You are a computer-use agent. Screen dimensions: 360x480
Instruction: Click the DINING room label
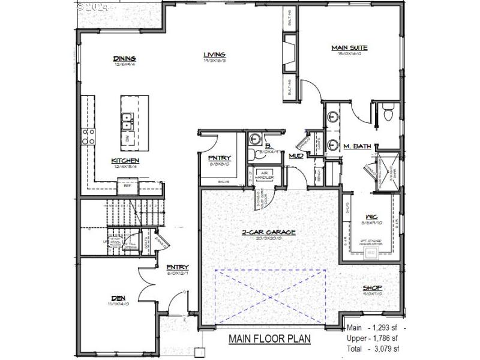click(x=125, y=58)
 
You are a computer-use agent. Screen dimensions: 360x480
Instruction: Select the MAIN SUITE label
click(x=349, y=47)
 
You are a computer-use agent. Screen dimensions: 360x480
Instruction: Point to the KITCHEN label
click(x=125, y=160)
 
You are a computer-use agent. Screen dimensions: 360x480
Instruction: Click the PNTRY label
click(x=220, y=158)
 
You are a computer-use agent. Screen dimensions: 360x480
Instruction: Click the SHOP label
click(x=372, y=288)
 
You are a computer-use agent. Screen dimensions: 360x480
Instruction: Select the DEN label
click(x=118, y=298)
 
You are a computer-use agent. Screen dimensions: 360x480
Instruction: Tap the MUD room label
click(x=296, y=156)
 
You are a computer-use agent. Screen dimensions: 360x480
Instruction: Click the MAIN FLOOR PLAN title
click(x=269, y=339)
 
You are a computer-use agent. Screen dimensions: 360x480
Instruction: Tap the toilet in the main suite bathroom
click(x=388, y=111)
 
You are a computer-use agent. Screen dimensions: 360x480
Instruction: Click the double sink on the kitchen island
click(x=127, y=122)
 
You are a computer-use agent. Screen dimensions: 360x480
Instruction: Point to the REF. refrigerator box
click(x=127, y=187)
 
